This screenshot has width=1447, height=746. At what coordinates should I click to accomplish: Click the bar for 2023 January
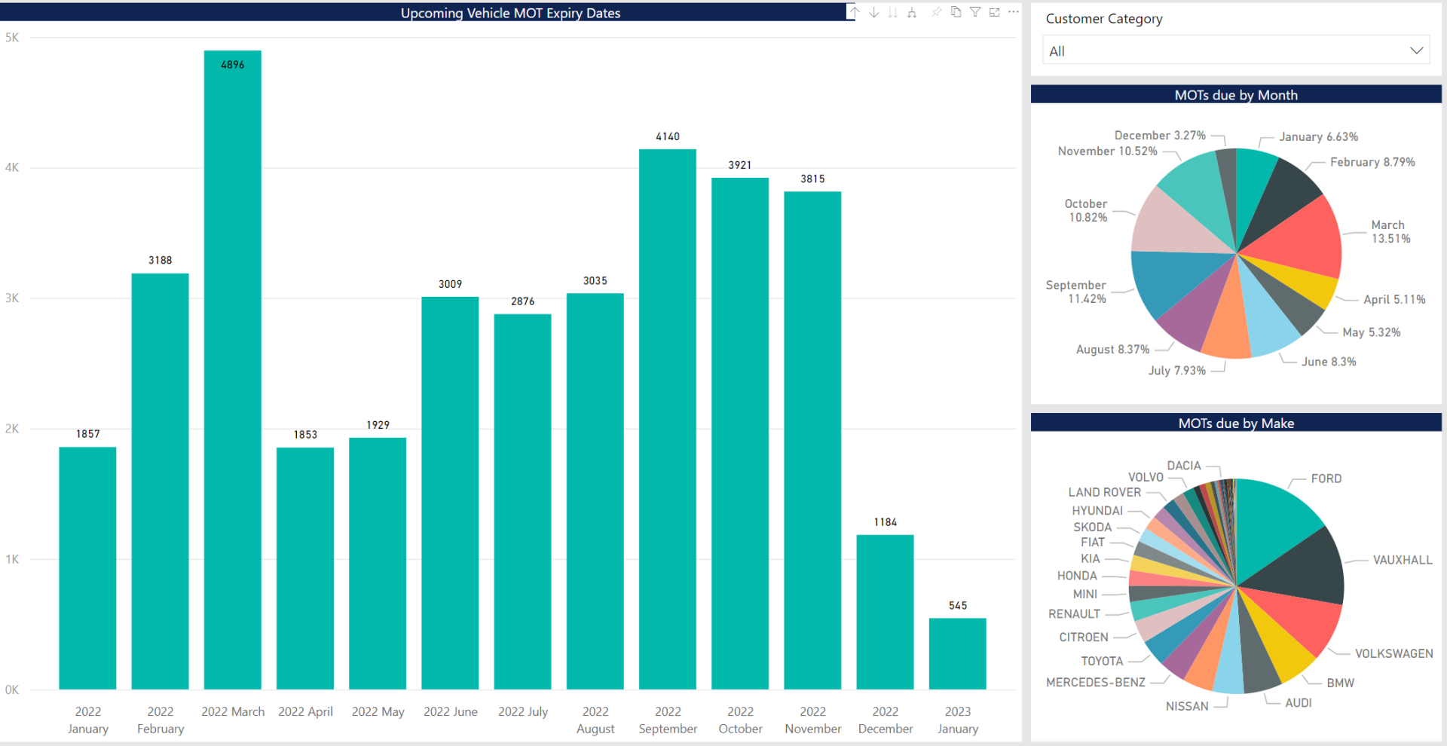click(957, 654)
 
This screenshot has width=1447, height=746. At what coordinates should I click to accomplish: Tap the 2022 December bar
click(885, 612)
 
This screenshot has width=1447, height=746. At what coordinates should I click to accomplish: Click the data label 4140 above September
click(667, 136)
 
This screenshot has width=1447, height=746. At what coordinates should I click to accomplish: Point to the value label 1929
click(378, 425)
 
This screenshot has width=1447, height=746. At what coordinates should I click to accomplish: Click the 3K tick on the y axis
click(12, 298)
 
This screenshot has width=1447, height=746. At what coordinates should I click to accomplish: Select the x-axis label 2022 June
click(450, 711)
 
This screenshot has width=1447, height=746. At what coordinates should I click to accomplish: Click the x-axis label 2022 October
click(740, 720)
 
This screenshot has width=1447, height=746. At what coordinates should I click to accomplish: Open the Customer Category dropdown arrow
click(1416, 50)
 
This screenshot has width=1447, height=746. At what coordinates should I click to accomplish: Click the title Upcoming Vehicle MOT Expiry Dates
click(510, 13)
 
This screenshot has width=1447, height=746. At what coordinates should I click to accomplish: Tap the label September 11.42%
click(1075, 292)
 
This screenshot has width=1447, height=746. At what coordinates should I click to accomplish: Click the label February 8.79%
click(1372, 162)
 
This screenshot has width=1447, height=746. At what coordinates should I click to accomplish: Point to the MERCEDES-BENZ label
click(1095, 682)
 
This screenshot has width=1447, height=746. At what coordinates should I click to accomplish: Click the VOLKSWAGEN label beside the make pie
click(1393, 653)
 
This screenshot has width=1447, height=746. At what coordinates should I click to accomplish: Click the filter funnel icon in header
click(974, 12)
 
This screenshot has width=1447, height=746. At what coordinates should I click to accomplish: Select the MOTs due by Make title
click(1236, 423)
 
